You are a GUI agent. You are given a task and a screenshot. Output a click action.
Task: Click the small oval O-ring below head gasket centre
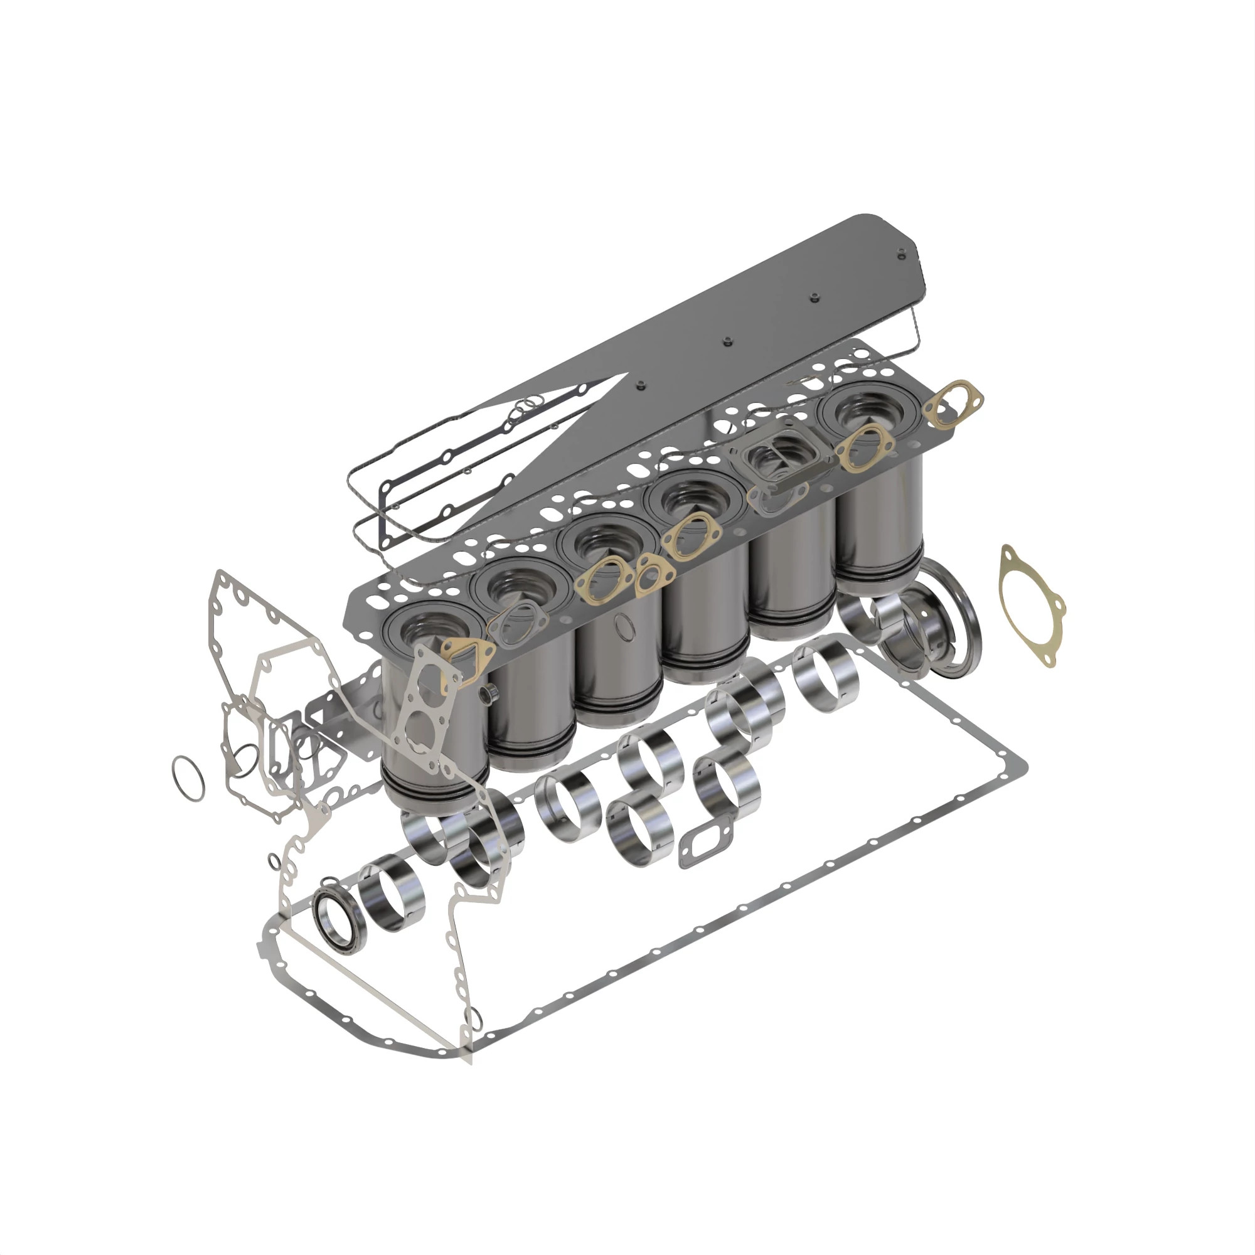coord(624,627)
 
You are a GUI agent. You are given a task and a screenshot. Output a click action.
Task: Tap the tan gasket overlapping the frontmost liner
coord(466,658)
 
